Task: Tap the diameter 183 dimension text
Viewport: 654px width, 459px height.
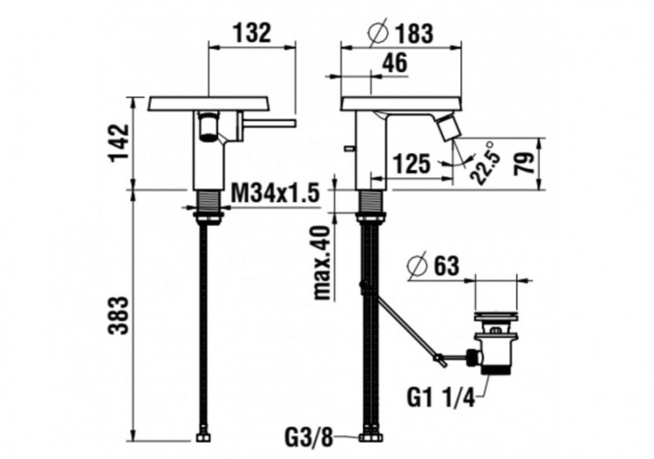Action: pos(401,33)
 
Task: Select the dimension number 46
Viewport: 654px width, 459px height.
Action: pos(395,62)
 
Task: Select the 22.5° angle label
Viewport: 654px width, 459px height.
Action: pos(485,162)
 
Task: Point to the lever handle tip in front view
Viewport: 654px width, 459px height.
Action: pos(287,124)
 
